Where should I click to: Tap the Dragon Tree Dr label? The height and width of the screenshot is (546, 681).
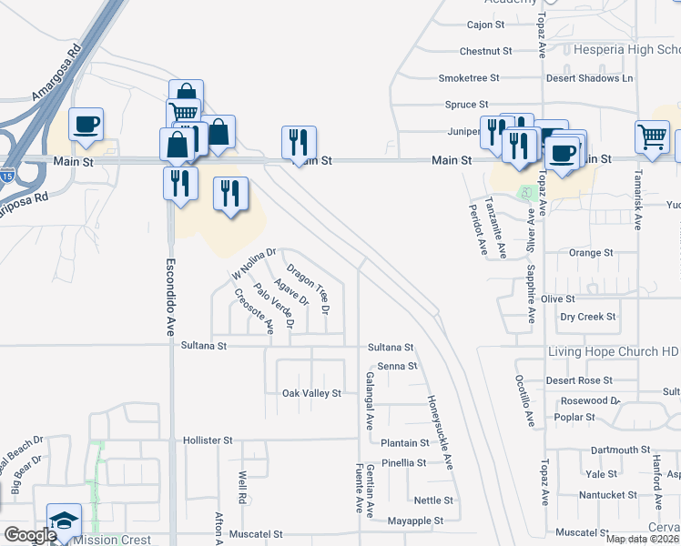tap(307, 288)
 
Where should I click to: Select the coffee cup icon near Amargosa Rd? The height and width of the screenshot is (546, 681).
tap(86, 125)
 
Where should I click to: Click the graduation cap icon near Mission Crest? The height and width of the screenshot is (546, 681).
tap(64, 521)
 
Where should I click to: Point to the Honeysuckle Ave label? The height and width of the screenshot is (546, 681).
tap(440, 431)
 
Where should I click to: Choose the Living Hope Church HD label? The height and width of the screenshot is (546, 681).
tap(614, 352)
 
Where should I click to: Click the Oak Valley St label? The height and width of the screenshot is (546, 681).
tap(311, 393)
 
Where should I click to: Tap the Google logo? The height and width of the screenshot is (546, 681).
tap(30, 536)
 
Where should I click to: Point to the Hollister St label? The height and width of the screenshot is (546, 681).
tap(201, 440)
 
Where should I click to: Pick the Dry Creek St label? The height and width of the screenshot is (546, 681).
tap(587, 318)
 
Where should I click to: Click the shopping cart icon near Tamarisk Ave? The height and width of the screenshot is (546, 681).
tap(652, 138)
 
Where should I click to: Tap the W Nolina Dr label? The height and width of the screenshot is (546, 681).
tap(253, 263)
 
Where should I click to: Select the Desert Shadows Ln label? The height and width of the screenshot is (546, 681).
tap(589, 78)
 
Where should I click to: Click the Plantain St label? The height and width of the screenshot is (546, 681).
tap(404, 443)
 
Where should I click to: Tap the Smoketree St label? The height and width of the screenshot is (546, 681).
tap(469, 78)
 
